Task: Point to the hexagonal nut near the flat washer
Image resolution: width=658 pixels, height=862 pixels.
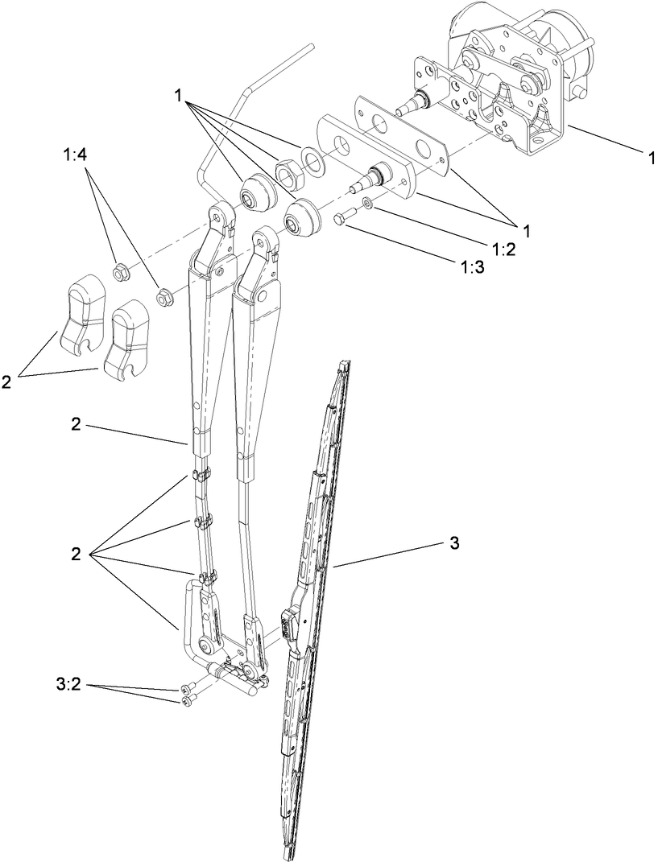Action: (288, 171)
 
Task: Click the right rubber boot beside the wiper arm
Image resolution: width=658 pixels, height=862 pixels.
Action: (302, 218)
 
